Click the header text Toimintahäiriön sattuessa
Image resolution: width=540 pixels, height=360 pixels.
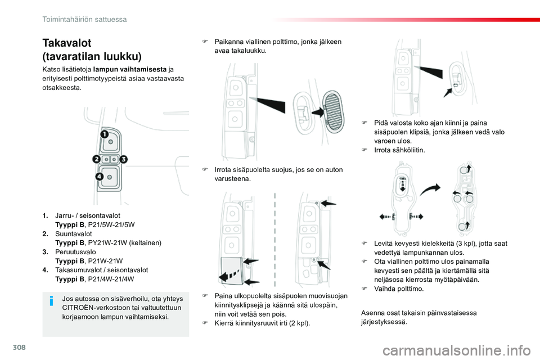84,19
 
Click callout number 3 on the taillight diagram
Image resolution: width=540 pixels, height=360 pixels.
124,160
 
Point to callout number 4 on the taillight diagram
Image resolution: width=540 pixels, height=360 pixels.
99,176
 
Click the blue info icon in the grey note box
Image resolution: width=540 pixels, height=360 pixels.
52,301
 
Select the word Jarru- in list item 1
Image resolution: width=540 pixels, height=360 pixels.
65,215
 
